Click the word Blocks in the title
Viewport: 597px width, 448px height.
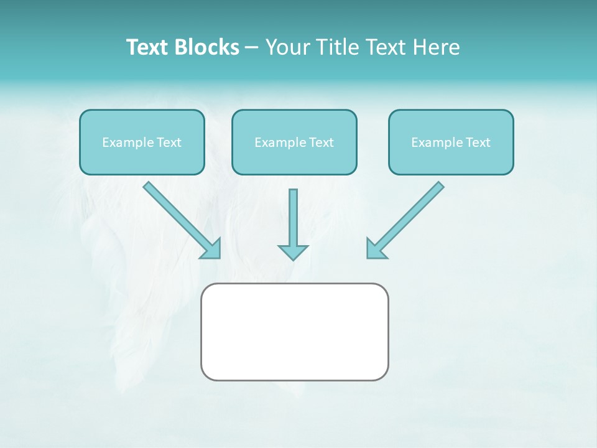(207, 47)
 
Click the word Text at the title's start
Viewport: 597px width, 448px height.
(148, 47)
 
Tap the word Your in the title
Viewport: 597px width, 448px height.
(287, 47)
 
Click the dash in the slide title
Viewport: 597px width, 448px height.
(252, 48)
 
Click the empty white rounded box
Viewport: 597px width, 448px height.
(294, 332)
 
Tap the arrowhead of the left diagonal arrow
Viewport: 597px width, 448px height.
(212, 250)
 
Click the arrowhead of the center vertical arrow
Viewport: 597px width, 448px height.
(293, 251)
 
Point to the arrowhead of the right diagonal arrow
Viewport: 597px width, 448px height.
(375, 249)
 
